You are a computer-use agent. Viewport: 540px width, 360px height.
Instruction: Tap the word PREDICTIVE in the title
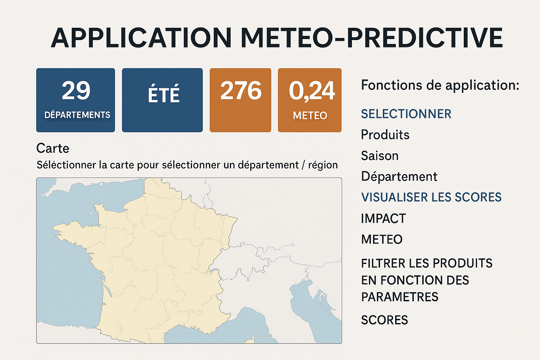pyautogui.click(x=425, y=38)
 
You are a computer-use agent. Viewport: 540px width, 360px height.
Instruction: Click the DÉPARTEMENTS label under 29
pyautogui.click(x=77, y=115)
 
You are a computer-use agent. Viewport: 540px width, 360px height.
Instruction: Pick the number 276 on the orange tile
pyautogui.click(x=241, y=90)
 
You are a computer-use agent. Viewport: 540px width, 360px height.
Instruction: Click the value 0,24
pyautogui.click(x=312, y=91)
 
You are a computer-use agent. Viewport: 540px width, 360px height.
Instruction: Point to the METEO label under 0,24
pyautogui.click(x=310, y=116)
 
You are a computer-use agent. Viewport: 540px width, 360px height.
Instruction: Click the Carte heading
pyautogui.click(x=53, y=148)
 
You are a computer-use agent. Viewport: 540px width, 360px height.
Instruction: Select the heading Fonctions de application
pyautogui.click(x=440, y=85)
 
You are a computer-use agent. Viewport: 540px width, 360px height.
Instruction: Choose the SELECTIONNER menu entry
pyautogui.click(x=406, y=114)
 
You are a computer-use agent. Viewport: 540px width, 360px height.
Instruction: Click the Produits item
pyautogui.click(x=385, y=135)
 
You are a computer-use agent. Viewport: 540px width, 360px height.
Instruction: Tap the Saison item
pyautogui.click(x=380, y=155)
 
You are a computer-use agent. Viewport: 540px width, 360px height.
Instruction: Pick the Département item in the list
pyautogui.click(x=399, y=176)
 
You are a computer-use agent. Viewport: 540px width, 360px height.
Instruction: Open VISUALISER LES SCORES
pyautogui.click(x=431, y=197)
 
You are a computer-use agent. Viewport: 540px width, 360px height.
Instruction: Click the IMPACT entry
pyautogui.click(x=384, y=218)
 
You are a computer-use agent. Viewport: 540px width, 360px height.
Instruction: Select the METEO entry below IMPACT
pyautogui.click(x=382, y=239)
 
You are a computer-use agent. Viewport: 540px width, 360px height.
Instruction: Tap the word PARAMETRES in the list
pyautogui.click(x=400, y=297)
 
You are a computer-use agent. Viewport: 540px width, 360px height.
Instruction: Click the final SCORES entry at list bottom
pyautogui.click(x=385, y=320)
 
